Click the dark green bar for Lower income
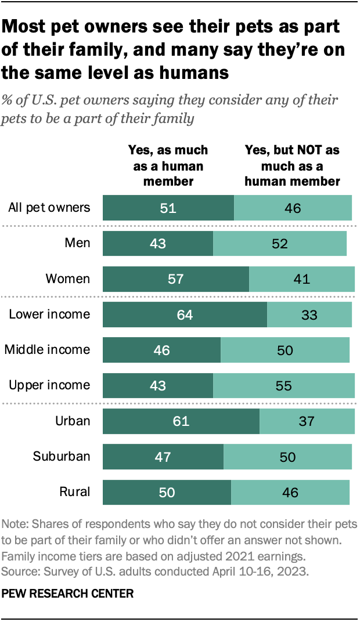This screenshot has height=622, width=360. coord(185,314)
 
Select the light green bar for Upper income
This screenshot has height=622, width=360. coord(283,385)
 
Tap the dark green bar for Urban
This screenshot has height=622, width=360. coord(181,421)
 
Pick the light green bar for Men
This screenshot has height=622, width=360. coord(279,243)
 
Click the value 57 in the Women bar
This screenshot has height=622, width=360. coord(175,279)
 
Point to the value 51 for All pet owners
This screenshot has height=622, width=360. coord(168,208)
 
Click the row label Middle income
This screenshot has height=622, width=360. coord(47,350)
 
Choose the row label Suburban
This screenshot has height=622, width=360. coord(61,456)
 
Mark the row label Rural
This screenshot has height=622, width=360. coord(75,492)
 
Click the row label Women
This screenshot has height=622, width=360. coord(68,279)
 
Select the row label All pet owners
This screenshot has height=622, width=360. coord(49,208)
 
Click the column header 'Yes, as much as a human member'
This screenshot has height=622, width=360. coord(168,165)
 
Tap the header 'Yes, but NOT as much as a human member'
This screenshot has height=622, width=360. coord(292,165)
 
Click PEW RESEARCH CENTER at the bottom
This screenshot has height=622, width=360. coord(68,594)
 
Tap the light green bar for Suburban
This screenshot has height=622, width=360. coord(287,457)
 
